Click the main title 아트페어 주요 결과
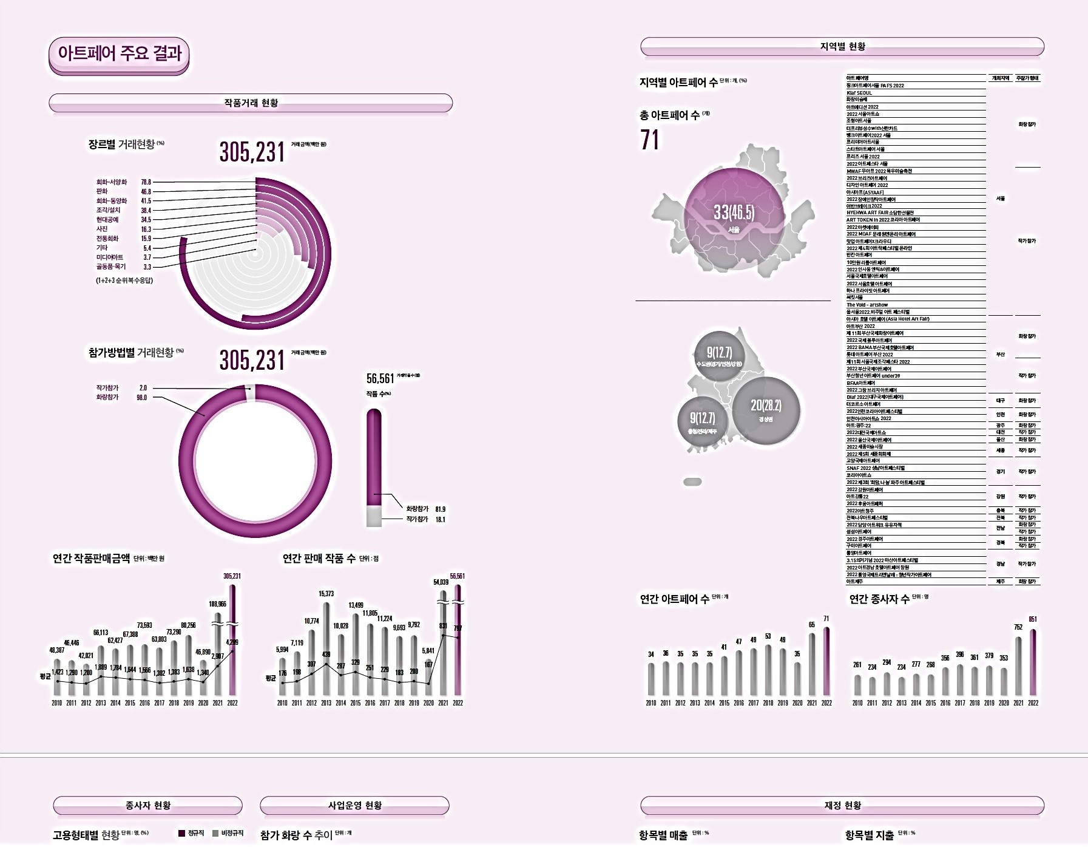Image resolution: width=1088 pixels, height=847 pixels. point(120,53)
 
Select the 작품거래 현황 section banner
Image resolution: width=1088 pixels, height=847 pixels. point(251,103)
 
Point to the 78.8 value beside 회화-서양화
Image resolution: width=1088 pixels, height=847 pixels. point(146,182)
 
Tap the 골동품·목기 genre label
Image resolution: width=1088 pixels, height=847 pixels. point(111,267)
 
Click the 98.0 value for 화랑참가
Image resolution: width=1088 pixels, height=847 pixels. point(141,398)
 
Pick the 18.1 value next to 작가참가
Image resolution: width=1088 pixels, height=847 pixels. point(440,520)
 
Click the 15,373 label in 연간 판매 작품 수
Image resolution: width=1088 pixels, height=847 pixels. point(326,594)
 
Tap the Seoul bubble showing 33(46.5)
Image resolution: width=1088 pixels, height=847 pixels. point(734,217)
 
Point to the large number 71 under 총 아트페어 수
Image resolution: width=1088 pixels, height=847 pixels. point(649,140)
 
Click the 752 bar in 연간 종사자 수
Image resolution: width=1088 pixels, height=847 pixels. point(1018,665)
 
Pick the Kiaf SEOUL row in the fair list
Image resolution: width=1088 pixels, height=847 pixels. point(859,93)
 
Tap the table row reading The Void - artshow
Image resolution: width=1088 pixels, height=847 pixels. point(867,305)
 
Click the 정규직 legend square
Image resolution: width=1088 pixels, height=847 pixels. point(181,834)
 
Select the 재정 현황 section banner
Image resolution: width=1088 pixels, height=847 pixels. point(842,805)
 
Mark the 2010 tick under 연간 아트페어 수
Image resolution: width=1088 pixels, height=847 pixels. point(651,703)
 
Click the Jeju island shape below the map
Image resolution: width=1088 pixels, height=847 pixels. point(692,482)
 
